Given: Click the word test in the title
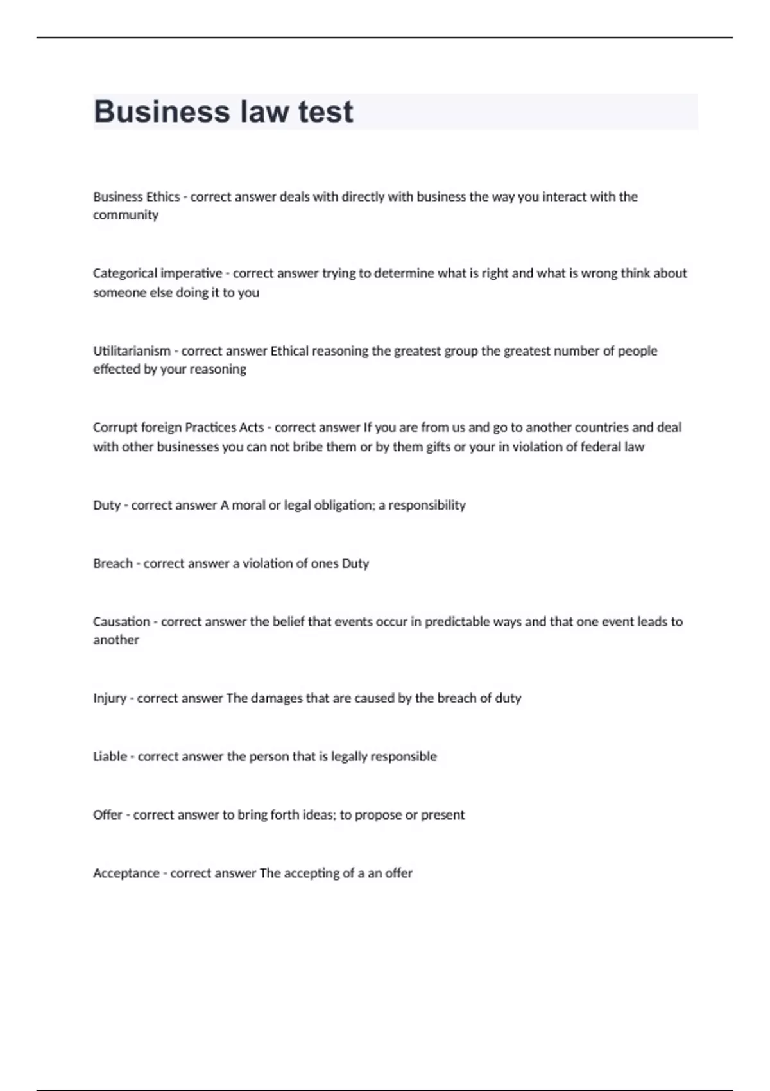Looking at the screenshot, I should tap(325, 112).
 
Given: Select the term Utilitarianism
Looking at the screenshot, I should tap(132, 351).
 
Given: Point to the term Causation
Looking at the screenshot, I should tap(121, 622).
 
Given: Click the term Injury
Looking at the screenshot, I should tap(110, 698).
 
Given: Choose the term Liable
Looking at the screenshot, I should tap(110, 757).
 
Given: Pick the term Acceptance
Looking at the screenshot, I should tap(126, 873).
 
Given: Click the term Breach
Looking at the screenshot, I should tap(112, 563).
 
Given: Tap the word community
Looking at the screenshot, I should tap(125, 215).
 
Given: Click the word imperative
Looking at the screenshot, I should tap(191, 273).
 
